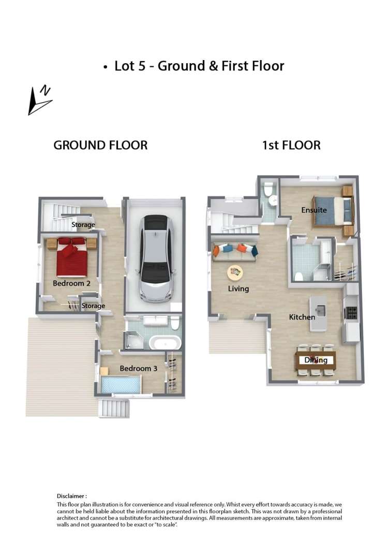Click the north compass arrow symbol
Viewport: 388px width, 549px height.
click(40, 99)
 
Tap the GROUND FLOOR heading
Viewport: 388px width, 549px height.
click(100, 145)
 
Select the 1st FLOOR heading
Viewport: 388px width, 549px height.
click(291, 145)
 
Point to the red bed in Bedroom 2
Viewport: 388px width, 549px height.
click(71, 256)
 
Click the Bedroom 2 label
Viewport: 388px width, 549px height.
click(71, 283)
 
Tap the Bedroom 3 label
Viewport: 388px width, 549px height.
click(138, 368)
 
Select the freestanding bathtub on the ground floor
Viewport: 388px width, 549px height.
click(165, 343)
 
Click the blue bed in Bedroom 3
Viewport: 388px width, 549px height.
click(122, 384)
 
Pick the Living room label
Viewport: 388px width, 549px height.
click(238, 288)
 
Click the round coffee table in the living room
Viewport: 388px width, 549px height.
click(235, 270)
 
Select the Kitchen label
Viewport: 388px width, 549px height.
click(302, 316)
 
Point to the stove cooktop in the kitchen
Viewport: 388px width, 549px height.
click(352, 312)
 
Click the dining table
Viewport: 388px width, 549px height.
click(315, 359)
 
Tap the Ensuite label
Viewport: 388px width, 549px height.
click(314, 210)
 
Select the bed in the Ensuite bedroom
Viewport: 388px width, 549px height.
click(332, 211)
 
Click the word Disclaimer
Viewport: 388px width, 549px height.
click(71, 496)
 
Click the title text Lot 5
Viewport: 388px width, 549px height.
click(133, 66)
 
